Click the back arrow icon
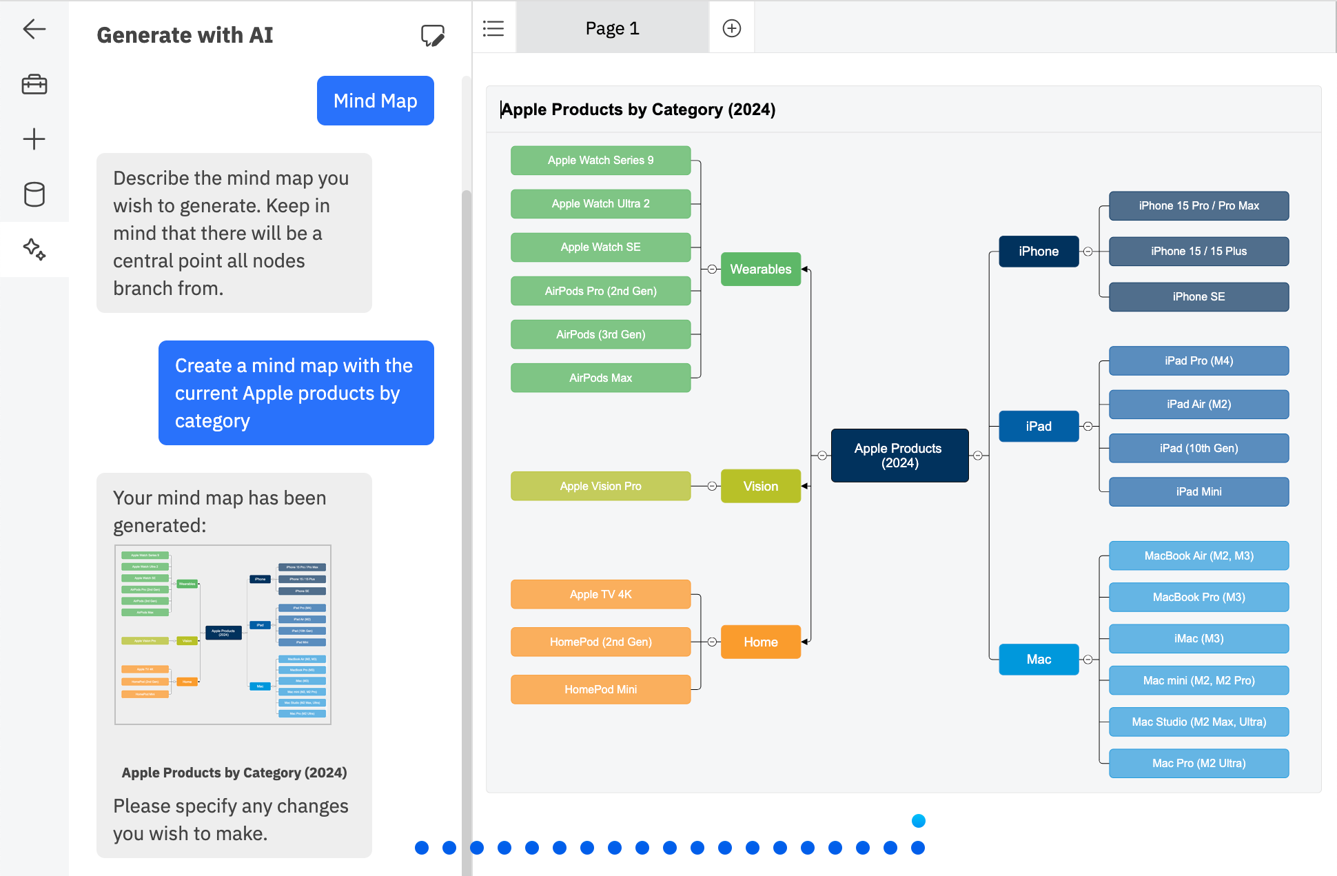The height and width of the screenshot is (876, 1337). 34,29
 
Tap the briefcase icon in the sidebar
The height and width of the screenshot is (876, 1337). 34,84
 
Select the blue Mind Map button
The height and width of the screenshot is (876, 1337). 375,101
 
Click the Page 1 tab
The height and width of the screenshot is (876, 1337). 612,28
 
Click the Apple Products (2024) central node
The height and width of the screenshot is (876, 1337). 899,456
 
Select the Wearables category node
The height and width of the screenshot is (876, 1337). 760,269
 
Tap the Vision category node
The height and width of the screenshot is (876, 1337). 760,486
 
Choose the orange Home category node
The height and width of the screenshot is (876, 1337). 760,642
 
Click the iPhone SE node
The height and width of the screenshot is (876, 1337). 1198,296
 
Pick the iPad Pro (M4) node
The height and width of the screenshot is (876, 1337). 1198,360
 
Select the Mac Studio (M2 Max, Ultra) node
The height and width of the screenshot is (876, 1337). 1198,722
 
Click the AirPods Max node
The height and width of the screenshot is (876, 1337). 600,378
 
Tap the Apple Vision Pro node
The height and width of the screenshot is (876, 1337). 600,486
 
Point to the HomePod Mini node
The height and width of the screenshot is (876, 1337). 600,689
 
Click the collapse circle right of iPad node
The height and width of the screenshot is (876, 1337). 1088,426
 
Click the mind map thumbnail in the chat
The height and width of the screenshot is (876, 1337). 223,634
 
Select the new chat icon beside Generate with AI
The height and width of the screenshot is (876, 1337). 432,35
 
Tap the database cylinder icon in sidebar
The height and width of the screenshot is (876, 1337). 34,194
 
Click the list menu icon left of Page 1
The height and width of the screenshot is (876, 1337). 493,28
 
